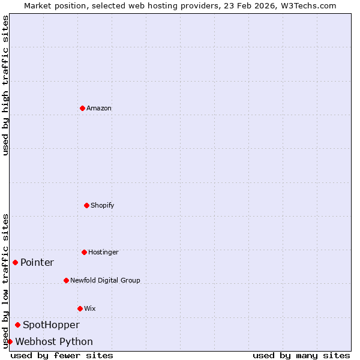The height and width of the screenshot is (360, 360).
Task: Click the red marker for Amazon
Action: click(x=82, y=108)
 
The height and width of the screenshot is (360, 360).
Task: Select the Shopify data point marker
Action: click(x=86, y=205)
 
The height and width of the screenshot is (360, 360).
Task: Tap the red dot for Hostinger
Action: click(x=84, y=252)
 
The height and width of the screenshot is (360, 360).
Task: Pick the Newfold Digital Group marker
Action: click(x=66, y=280)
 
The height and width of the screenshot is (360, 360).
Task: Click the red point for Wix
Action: click(x=80, y=308)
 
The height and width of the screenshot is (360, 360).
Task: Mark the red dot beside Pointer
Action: click(x=15, y=262)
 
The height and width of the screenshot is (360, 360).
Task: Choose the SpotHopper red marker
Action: click(x=17, y=325)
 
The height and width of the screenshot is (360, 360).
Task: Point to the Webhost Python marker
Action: click(x=10, y=341)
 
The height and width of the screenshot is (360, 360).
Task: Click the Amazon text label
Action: click(x=99, y=109)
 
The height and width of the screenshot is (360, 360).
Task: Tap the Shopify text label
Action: click(x=103, y=206)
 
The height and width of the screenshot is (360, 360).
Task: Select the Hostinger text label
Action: click(x=103, y=253)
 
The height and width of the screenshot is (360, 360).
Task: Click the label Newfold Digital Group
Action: click(x=105, y=281)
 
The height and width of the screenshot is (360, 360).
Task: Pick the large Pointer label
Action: click(x=37, y=263)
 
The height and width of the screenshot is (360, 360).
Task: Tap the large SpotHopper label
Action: click(x=51, y=325)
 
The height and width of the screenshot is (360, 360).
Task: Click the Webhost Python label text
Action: click(x=54, y=342)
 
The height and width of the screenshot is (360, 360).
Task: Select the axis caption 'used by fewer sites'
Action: click(x=62, y=356)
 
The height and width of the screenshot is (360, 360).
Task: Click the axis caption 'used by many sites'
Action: click(x=301, y=356)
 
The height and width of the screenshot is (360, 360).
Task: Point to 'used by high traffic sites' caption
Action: click(x=5, y=86)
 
